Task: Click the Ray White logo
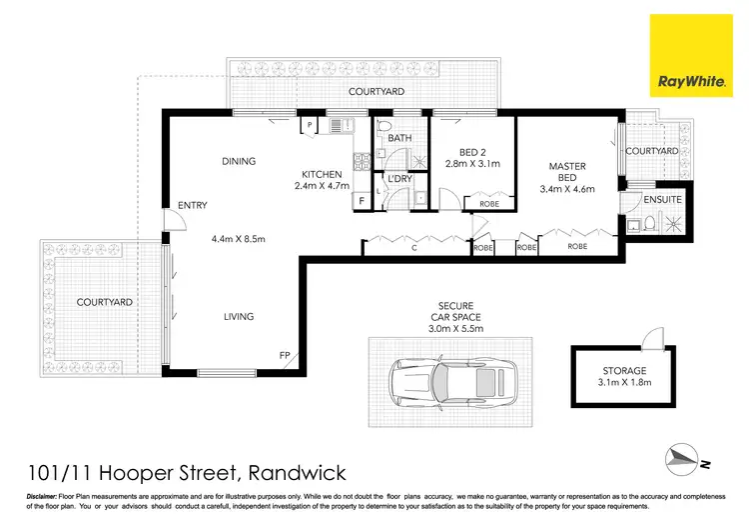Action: point(691,55)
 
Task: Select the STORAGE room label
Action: point(624,370)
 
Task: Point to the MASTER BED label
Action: point(567,172)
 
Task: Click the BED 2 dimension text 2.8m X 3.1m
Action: point(472,164)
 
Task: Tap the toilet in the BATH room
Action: point(383,127)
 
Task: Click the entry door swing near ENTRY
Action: point(175,220)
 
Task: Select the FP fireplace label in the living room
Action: point(285,355)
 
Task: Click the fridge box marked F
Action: point(362,201)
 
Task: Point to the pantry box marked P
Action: point(310,125)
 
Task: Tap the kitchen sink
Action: point(342,125)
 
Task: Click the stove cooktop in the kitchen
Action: point(362,161)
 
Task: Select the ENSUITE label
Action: point(662,199)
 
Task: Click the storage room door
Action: point(653,338)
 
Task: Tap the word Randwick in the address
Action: point(298,473)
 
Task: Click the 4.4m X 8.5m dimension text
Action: point(239,239)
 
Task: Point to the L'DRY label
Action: point(399,178)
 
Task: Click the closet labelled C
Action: point(414,245)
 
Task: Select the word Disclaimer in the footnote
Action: point(42,497)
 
